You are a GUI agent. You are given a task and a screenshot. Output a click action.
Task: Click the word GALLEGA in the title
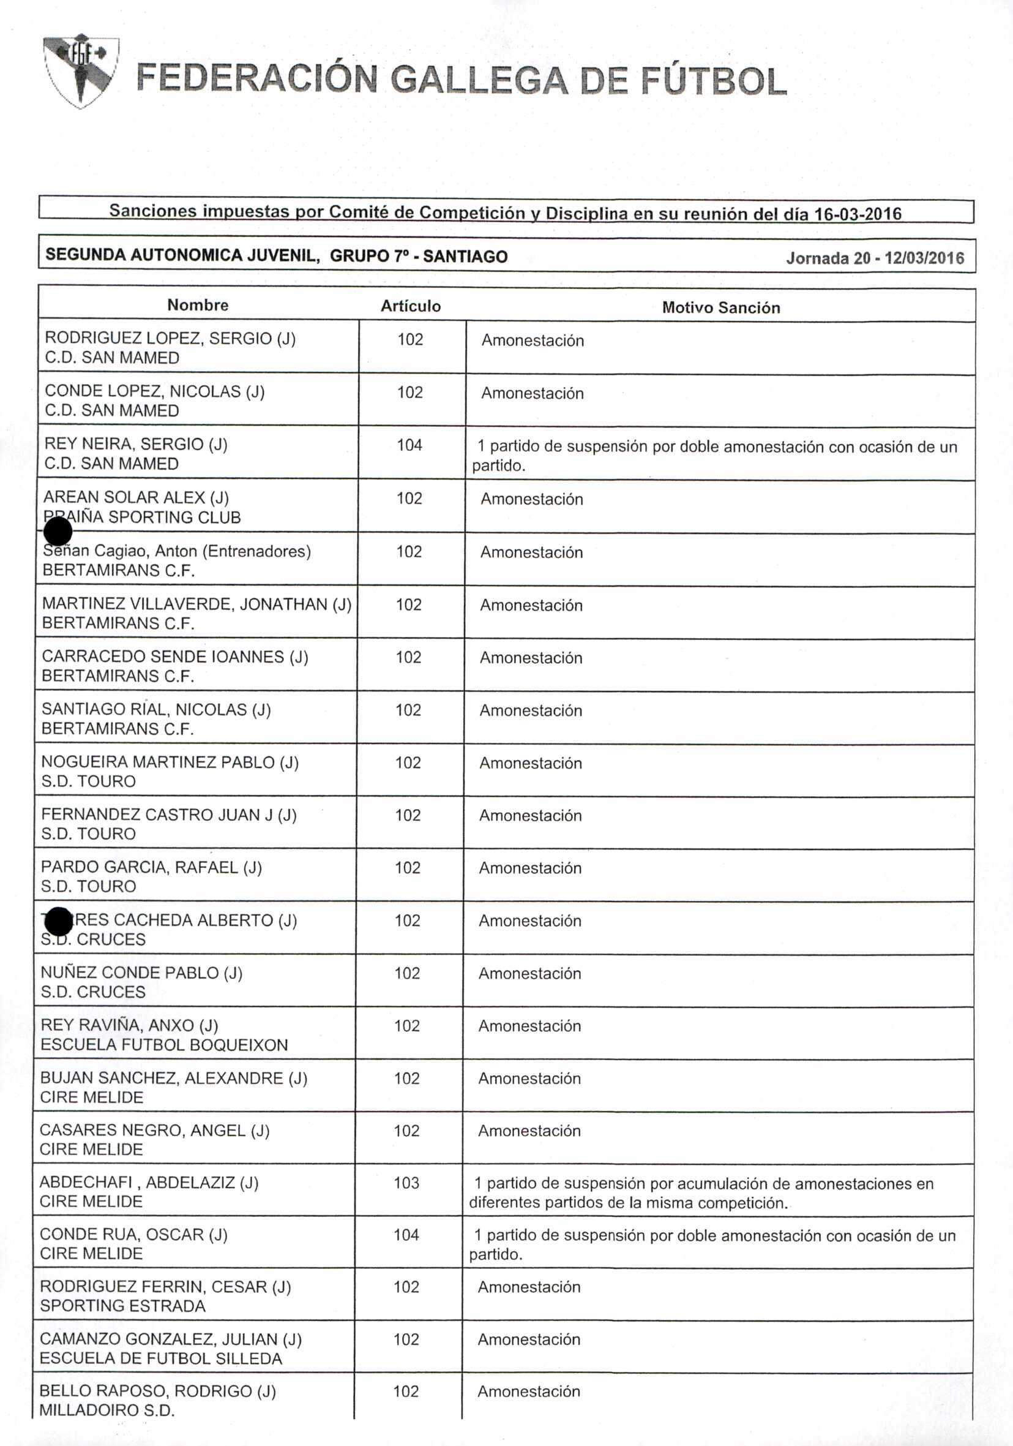[x=479, y=81]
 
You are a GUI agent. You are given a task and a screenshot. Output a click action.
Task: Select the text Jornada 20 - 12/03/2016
[x=875, y=258]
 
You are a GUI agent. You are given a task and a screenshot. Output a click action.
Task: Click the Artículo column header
[x=411, y=306]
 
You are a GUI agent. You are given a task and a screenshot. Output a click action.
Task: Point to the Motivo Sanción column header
[x=720, y=307]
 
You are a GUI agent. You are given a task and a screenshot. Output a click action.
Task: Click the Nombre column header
[x=198, y=305]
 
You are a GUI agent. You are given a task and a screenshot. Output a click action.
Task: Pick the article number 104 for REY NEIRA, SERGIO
[x=409, y=445]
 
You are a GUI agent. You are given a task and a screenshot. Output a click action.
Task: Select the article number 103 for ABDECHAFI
[x=406, y=1183]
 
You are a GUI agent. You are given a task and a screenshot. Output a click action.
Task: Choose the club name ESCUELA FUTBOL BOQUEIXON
[x=163, y=1045]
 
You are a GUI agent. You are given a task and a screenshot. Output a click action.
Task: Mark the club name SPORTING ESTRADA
[x=123, y=1306]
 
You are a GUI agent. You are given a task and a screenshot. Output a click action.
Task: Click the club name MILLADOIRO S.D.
[x=107, y=1410]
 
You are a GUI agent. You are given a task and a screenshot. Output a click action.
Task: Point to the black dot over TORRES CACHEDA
[x=59, y=922]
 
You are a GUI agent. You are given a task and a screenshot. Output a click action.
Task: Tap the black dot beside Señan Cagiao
[x=58, y=531]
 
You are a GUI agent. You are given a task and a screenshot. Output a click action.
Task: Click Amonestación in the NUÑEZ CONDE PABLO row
[x=529, y=973]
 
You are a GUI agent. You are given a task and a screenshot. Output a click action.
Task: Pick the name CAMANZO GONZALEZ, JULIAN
[x=170, y=1339]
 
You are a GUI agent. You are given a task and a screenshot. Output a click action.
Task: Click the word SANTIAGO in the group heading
[x=465, y=257]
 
